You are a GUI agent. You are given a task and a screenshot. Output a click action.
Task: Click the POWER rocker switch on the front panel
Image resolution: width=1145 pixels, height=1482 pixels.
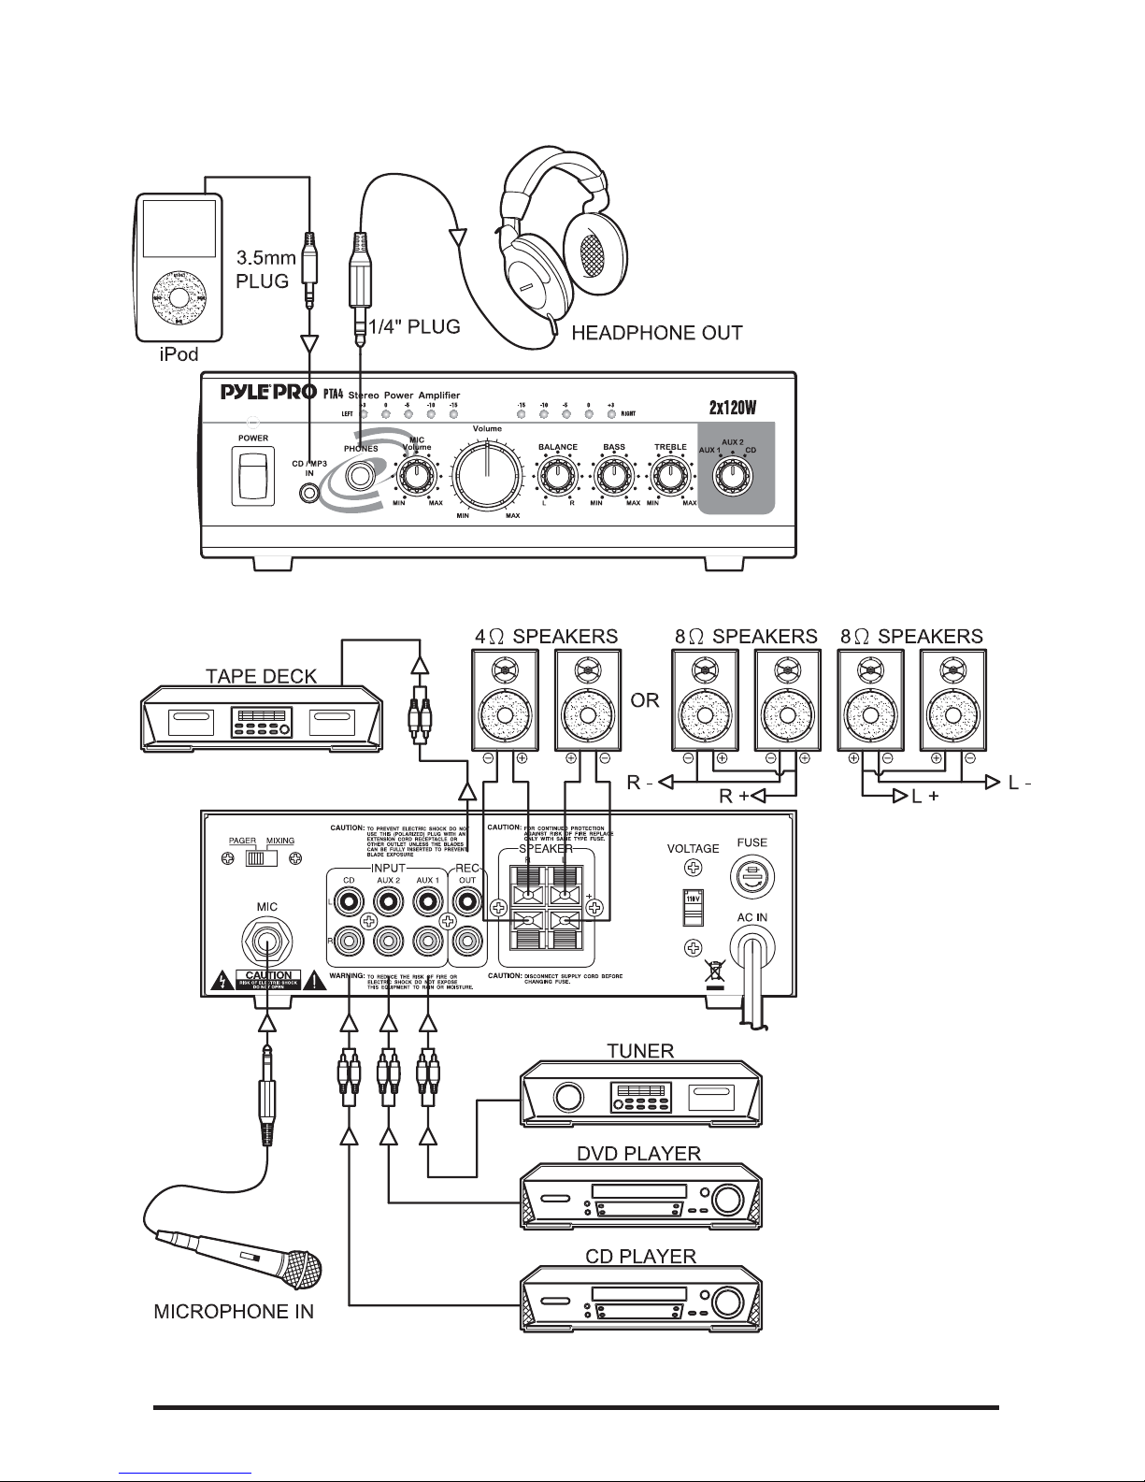pyautogui.click(x=253, y=477)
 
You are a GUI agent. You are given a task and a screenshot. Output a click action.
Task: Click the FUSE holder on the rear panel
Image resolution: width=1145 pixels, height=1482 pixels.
pyautogui.click(x=752, y=876)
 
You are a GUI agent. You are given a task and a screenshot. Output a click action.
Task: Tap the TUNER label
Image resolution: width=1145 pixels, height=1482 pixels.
pyautogui.click(x=640, y=1050)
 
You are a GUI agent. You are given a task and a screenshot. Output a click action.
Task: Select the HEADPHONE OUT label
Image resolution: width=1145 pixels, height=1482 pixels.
pyautogui.click(x=657, y=332)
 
